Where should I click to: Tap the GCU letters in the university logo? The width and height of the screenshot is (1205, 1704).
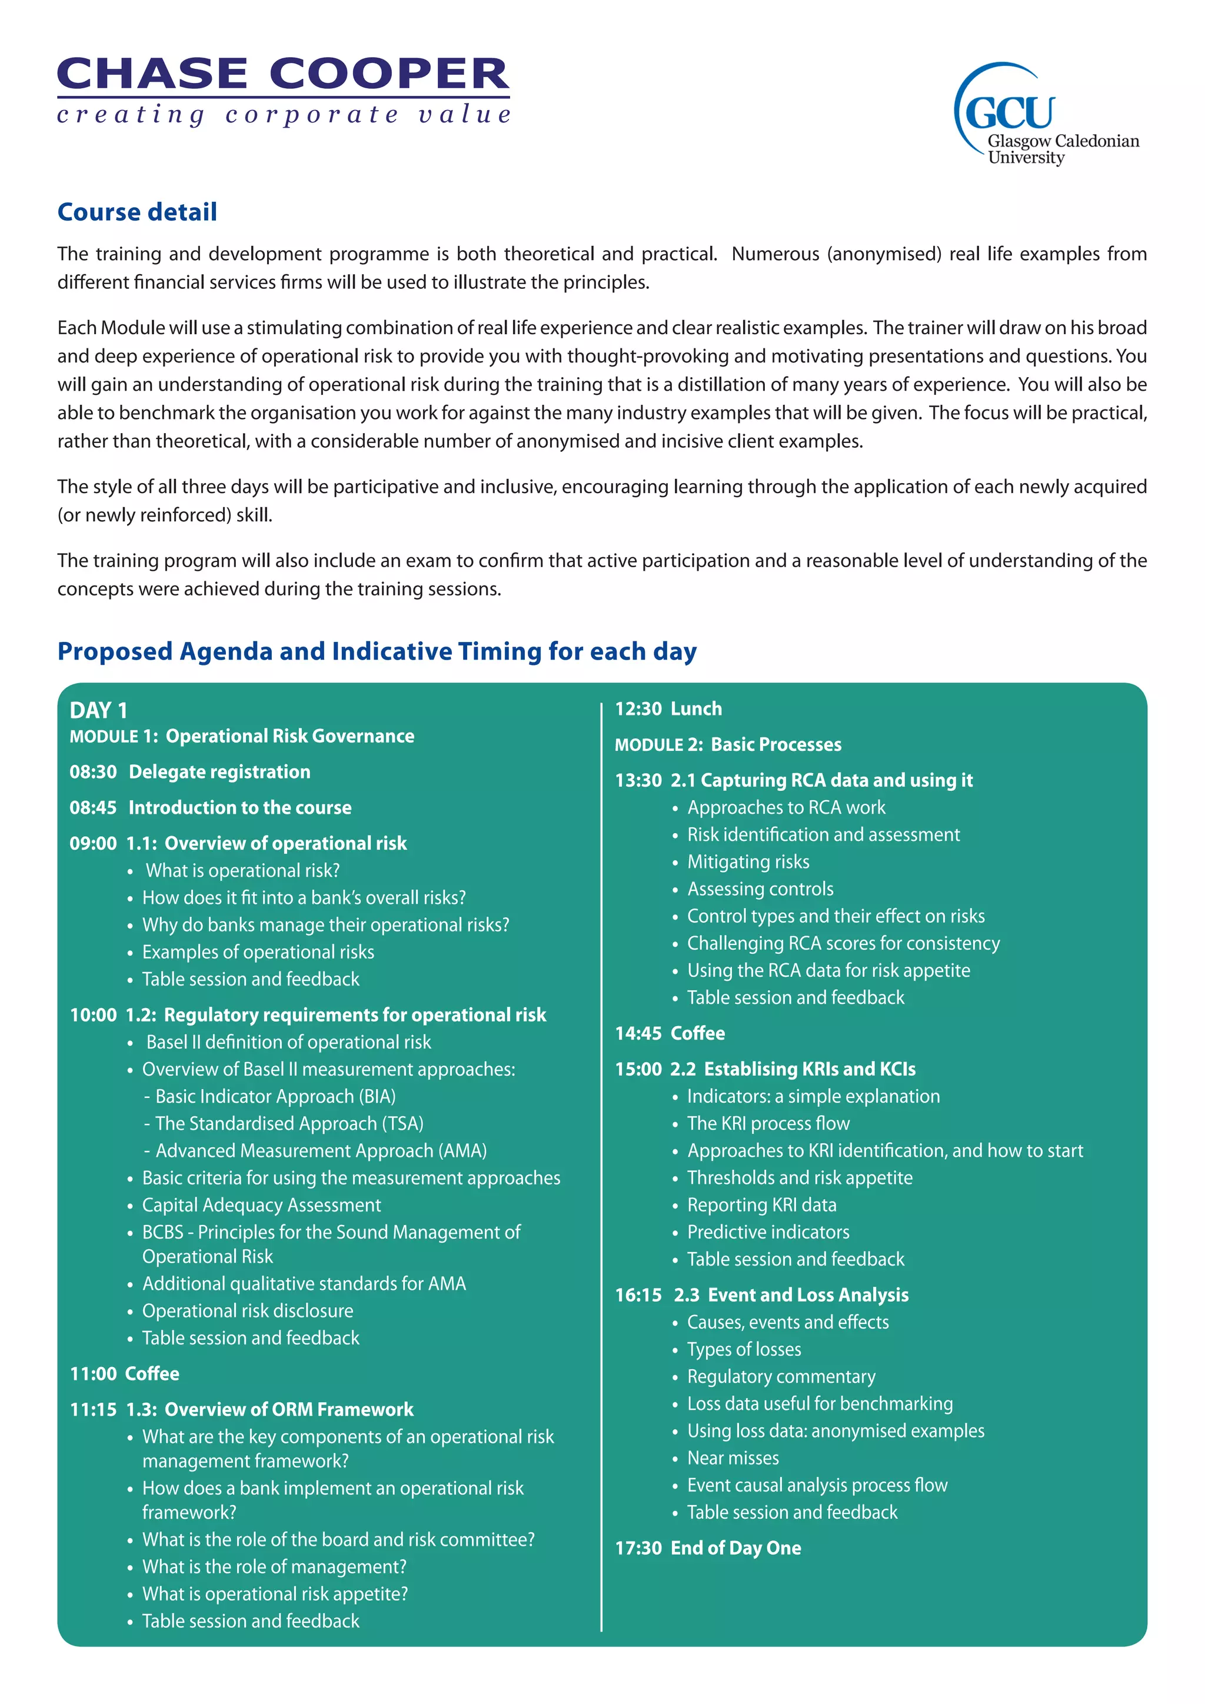[1010, 113]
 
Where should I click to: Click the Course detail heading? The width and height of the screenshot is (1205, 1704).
[137, 212]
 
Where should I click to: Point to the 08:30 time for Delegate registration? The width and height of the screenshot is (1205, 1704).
[93, 772]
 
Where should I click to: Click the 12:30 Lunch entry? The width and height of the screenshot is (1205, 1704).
[668, 709]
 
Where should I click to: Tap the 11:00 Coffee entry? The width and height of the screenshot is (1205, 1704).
[125, 1374]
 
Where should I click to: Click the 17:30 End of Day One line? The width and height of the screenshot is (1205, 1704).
[708, 1548]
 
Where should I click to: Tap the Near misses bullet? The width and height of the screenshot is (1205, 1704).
[733, 1459]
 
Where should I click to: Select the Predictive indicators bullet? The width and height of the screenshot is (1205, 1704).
[768, 1232]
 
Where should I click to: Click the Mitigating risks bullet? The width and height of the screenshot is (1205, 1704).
[748, 861]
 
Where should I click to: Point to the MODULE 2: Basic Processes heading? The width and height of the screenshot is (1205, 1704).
[728, 744]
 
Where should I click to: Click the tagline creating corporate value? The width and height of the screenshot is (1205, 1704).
[284, 115]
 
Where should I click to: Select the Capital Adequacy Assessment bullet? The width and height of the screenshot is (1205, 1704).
[261, 1205]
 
